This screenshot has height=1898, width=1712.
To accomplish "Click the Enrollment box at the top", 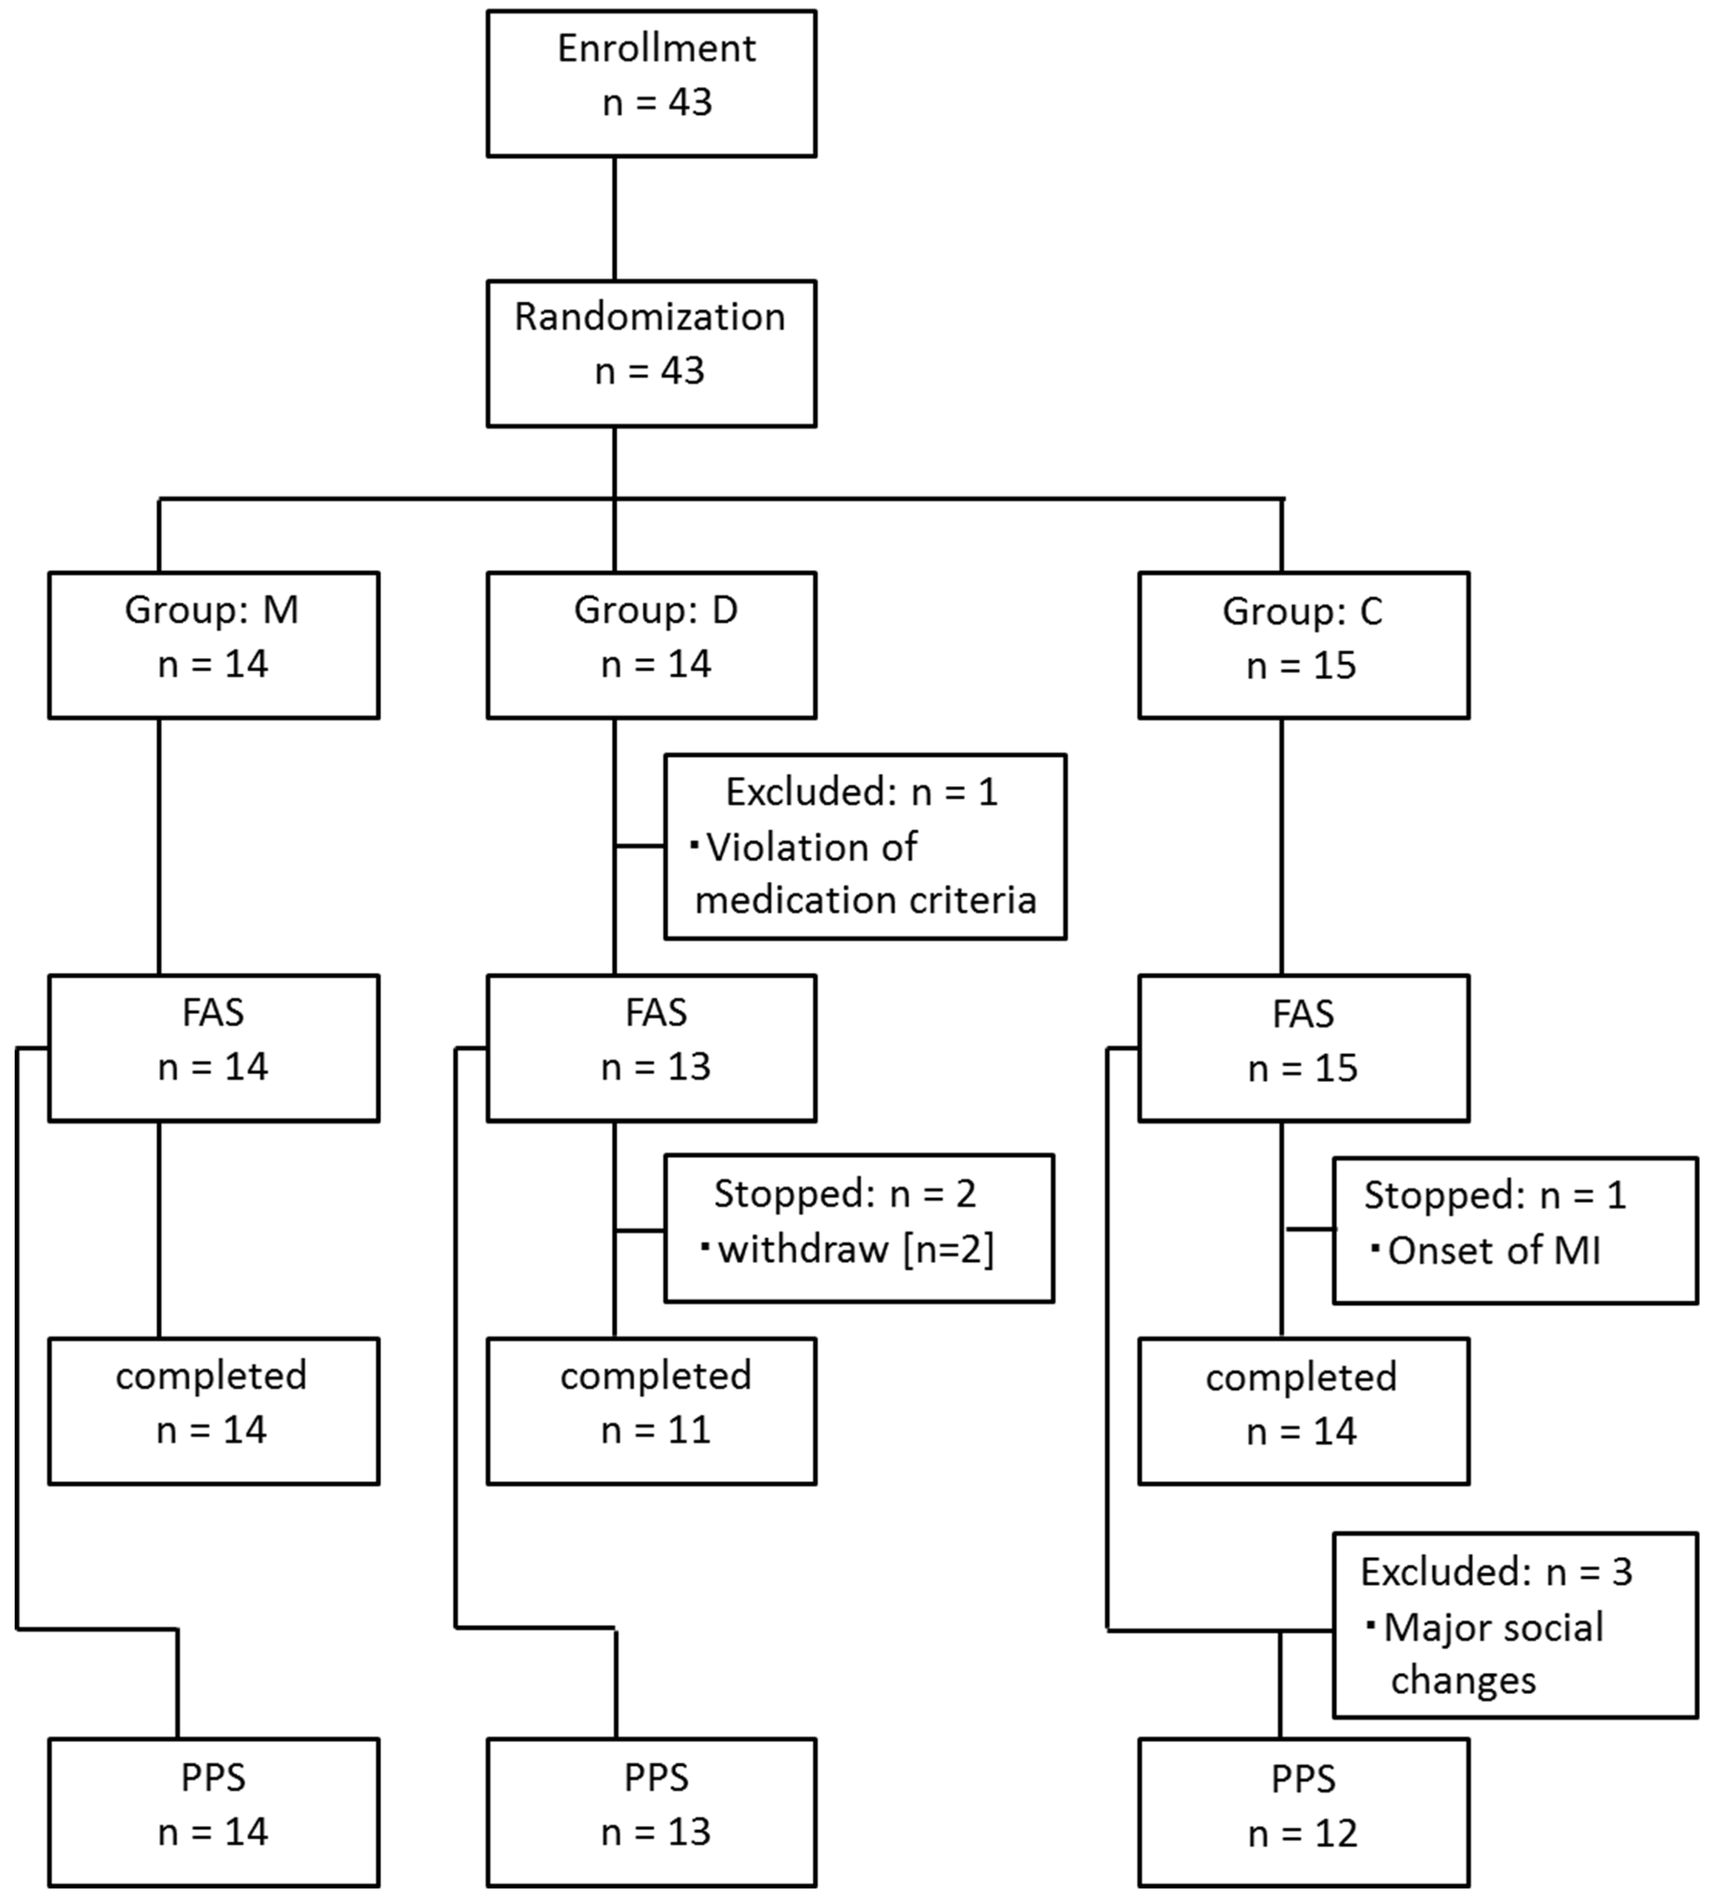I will tap(651, 83).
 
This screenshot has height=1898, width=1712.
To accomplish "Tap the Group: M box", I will tap(213, 645).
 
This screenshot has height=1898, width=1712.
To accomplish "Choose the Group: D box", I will tap(651, 645).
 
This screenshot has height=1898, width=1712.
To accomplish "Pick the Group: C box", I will tap(1303, 645).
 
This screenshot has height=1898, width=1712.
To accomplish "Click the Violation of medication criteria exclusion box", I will tap(864, 847).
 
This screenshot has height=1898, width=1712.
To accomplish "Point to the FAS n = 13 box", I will tap(651, 1048).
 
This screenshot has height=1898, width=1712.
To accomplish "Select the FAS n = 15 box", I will tap(1303, 1048).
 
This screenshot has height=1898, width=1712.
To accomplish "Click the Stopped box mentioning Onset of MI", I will tap(1514, 1230).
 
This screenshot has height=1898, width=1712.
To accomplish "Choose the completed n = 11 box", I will tap(651, 1411).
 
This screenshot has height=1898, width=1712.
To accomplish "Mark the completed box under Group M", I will tap(213, 1411).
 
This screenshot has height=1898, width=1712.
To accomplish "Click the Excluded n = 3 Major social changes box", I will tap(1514, 1625).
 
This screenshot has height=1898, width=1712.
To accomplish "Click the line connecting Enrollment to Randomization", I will tap(615, 218).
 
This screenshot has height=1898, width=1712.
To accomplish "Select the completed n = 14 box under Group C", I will tap(1303, 1411).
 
